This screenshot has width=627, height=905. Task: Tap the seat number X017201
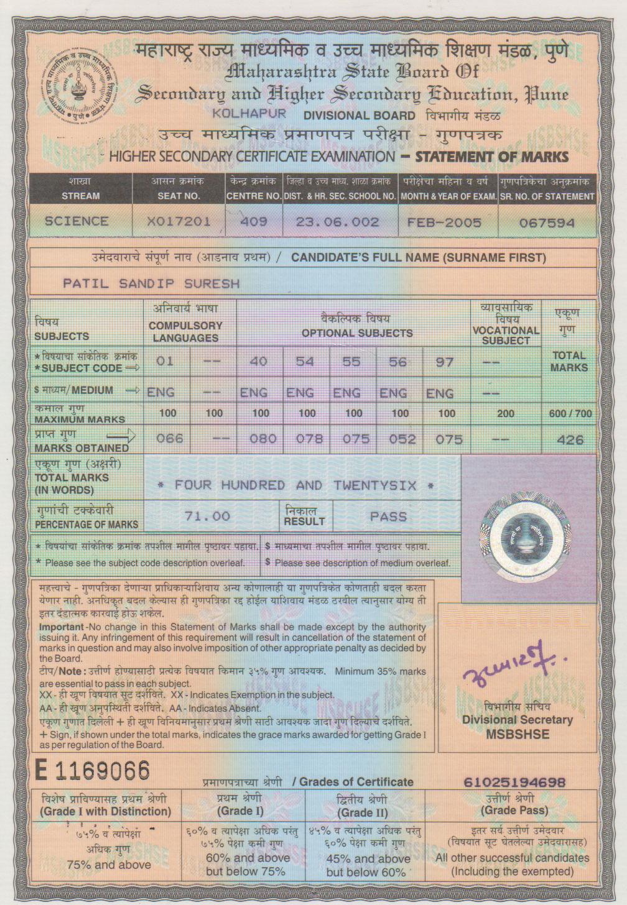click(x=179, y=221)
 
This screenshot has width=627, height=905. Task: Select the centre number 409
click(x=253, y=221)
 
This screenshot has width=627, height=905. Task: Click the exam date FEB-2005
click(x=444, y=222)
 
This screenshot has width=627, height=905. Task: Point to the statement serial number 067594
click(x=547, y=223)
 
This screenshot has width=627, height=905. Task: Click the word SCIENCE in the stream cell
click(x=77, y=221)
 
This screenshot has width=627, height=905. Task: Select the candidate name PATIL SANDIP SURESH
click(x=151, y=283)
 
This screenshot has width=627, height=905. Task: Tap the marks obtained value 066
click(x=169, y=439)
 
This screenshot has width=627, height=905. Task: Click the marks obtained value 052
click(x=402, y=439)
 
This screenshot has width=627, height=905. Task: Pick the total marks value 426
click(x=570, y=440)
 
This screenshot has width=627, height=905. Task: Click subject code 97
click(x=444, y=362)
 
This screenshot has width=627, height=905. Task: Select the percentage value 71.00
click(x=208, y=516)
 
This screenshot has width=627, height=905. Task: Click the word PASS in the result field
click(x=388, y=517)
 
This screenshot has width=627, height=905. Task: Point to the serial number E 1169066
click(x=93, y=771)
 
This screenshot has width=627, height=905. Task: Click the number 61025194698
click(x=515, y=782)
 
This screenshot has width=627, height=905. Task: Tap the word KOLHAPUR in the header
click(x=249, y=114)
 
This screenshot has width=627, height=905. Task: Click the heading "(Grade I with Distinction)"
click(x=105, y=811)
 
